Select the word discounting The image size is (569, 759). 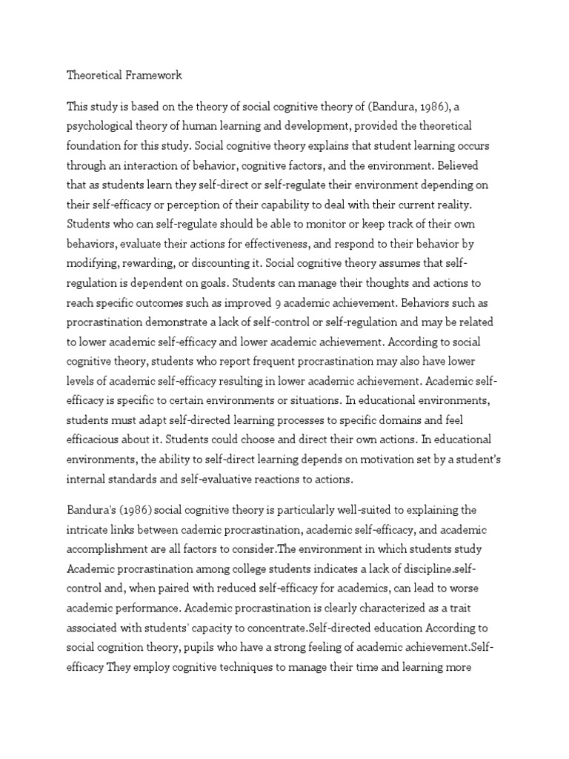click(215, 264)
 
